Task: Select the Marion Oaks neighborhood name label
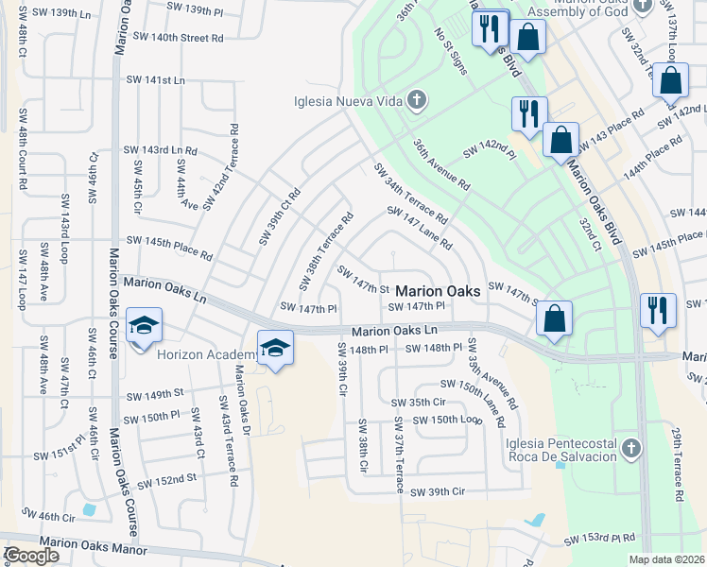tap(438, 291)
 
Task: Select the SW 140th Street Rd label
tap(178, 38)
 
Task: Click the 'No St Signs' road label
tap(451, 51)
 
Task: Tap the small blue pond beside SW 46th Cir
tap(89, 509)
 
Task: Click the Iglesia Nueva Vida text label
tap(348, 101)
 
